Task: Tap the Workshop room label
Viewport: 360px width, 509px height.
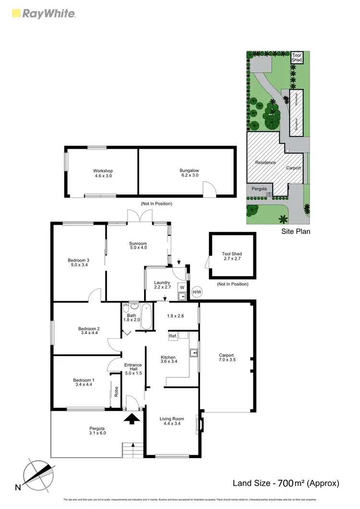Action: [103, 173]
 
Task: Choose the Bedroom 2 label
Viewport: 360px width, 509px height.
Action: [88, 332]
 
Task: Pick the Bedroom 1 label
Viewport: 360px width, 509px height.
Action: [84, 383]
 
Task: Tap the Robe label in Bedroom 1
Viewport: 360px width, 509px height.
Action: [116, 391]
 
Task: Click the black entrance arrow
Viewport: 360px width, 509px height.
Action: [133, 419]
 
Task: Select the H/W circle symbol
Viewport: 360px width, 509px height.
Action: [197, 291]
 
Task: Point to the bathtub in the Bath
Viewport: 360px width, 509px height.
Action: [146, 317]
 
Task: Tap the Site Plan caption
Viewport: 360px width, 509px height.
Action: [296, 231]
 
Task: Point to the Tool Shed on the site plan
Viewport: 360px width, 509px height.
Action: [297, 58]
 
